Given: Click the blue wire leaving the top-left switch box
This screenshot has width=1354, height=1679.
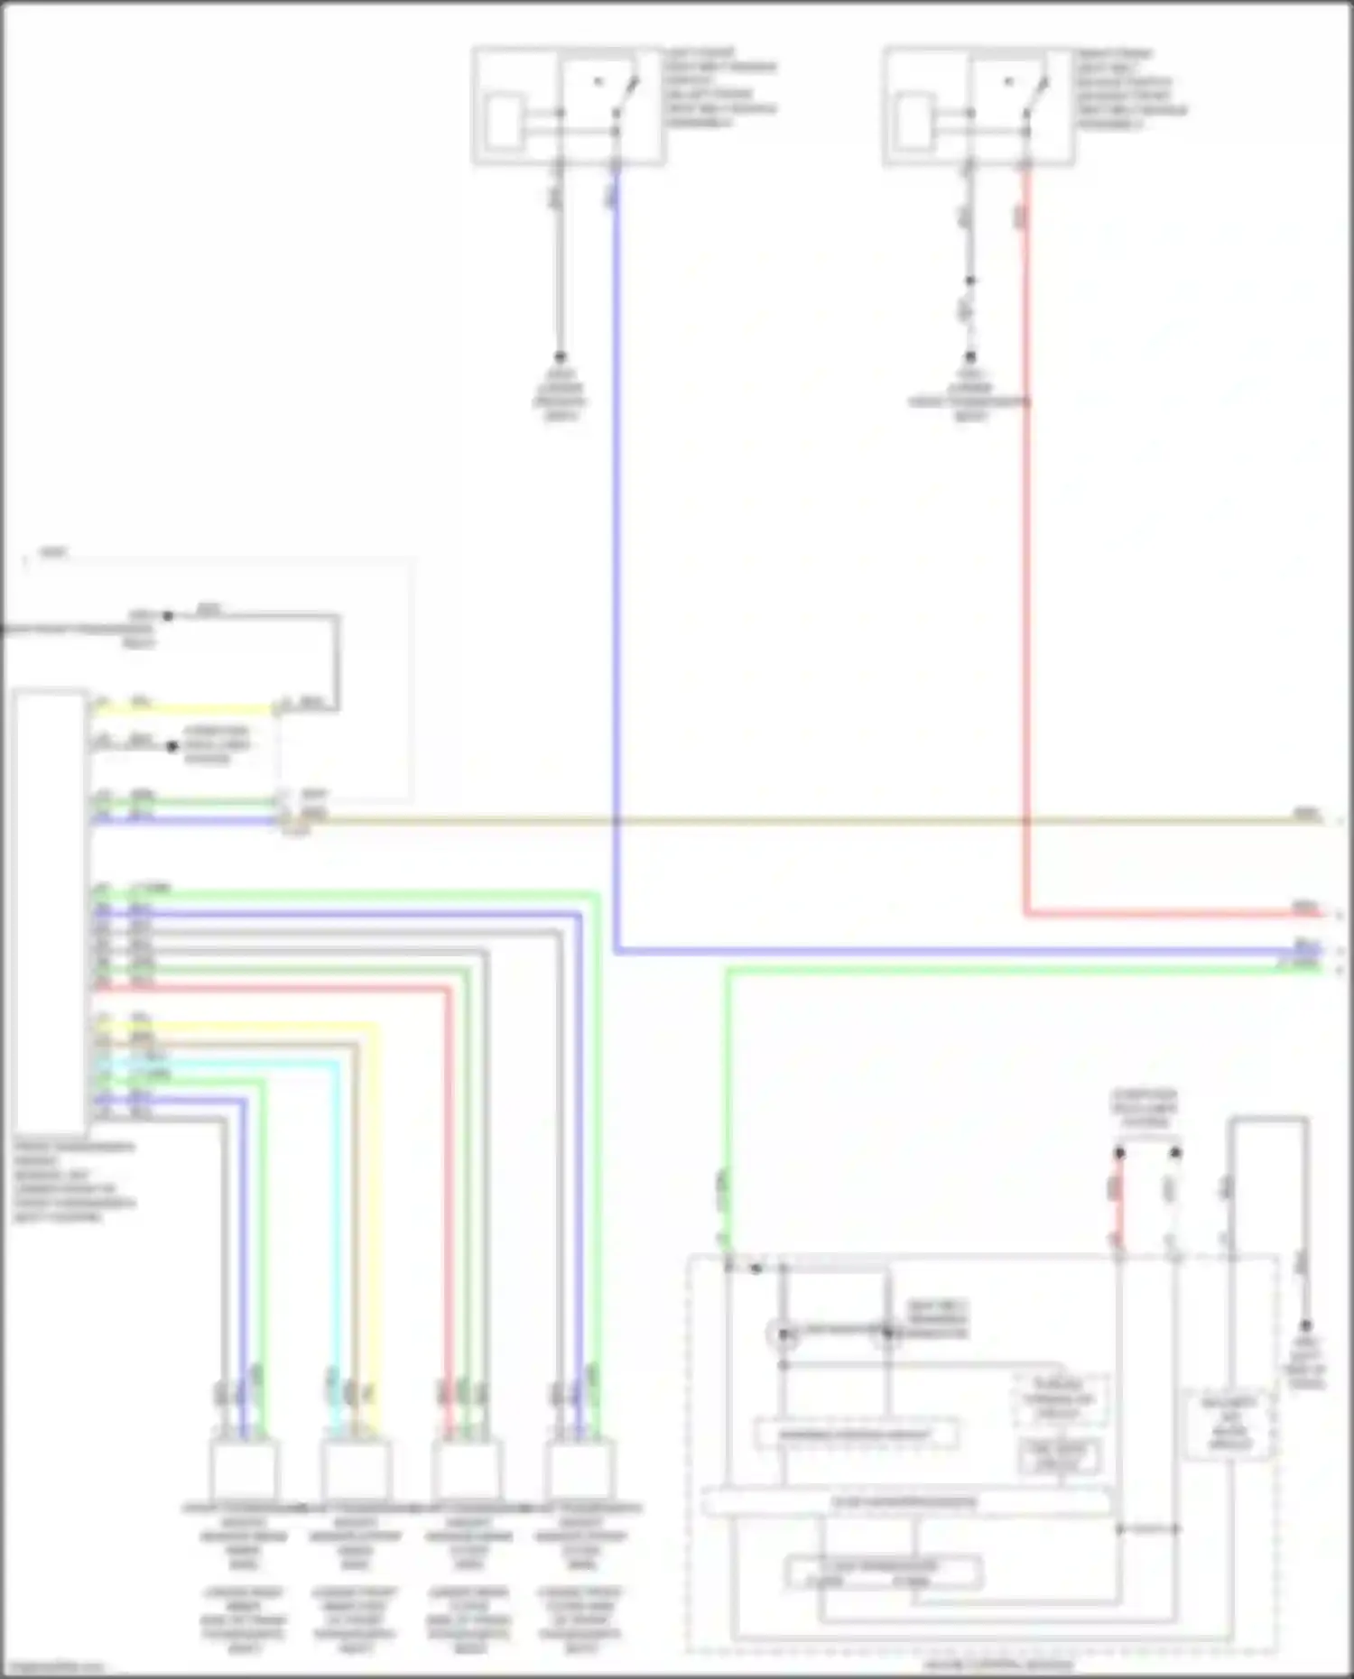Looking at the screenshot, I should [x=617, y=541].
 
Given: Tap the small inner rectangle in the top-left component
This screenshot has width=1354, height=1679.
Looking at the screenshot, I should [x=503, y=121].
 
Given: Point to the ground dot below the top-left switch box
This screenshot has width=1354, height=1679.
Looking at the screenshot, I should [x=560, y=357].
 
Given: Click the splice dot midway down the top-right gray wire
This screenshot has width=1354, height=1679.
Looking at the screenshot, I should [x=969, y=281].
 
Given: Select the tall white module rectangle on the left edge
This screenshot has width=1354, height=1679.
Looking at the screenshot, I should [x=51, y=911].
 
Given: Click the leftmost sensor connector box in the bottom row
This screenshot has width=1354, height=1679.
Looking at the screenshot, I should [x=244, y=1469].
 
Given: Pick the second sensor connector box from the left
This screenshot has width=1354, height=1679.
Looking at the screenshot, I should [x=357, y=1469].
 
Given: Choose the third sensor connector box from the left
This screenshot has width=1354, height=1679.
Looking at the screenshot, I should [x=468, y=1469].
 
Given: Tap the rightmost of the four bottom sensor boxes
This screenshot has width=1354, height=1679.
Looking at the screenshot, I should [x=580, y=1469].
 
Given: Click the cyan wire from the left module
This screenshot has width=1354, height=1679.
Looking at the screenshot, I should [x=338, y=1218].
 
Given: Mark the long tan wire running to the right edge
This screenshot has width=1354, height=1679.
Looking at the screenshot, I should [x=812, y=820].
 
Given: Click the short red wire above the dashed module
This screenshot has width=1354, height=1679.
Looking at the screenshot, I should [x=1118, y=1200].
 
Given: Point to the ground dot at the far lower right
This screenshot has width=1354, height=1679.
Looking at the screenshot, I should [x=1305, y=1325].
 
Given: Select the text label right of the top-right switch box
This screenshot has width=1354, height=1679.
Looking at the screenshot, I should [x=1130, y=88].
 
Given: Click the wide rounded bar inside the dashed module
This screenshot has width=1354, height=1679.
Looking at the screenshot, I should [x=905, y=1502].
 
